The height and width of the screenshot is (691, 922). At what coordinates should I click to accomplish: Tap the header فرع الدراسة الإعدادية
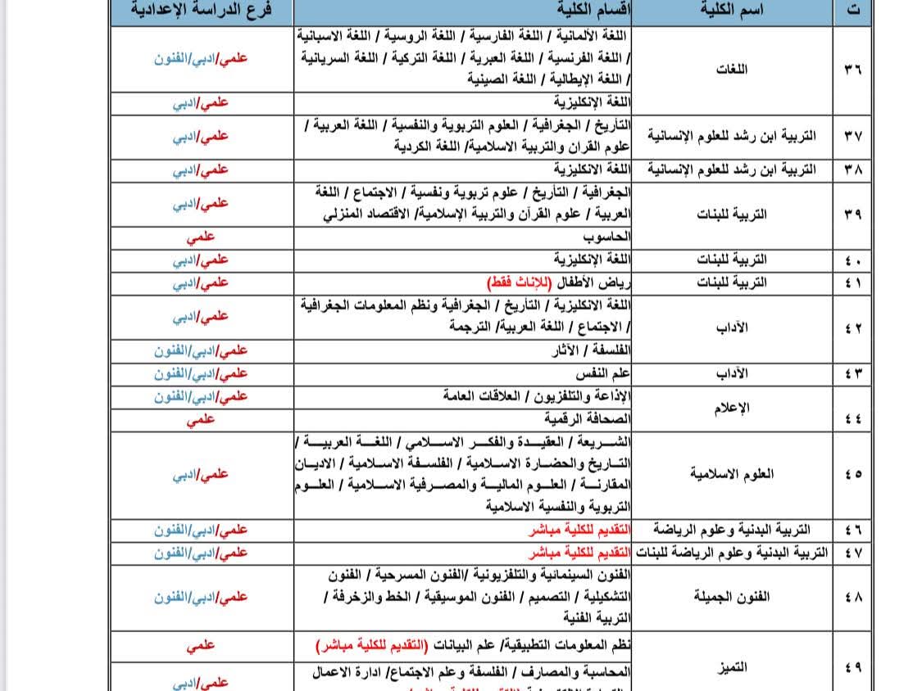[202, 12]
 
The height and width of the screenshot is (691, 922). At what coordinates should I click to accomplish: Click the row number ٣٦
[852, 69]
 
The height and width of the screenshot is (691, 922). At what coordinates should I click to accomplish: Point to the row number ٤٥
[852, 474]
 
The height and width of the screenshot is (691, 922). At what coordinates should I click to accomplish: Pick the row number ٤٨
[852, 597]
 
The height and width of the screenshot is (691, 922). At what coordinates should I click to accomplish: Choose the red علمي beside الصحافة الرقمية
[202, 419]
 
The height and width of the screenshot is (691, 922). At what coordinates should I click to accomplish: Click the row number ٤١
[852, 282]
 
